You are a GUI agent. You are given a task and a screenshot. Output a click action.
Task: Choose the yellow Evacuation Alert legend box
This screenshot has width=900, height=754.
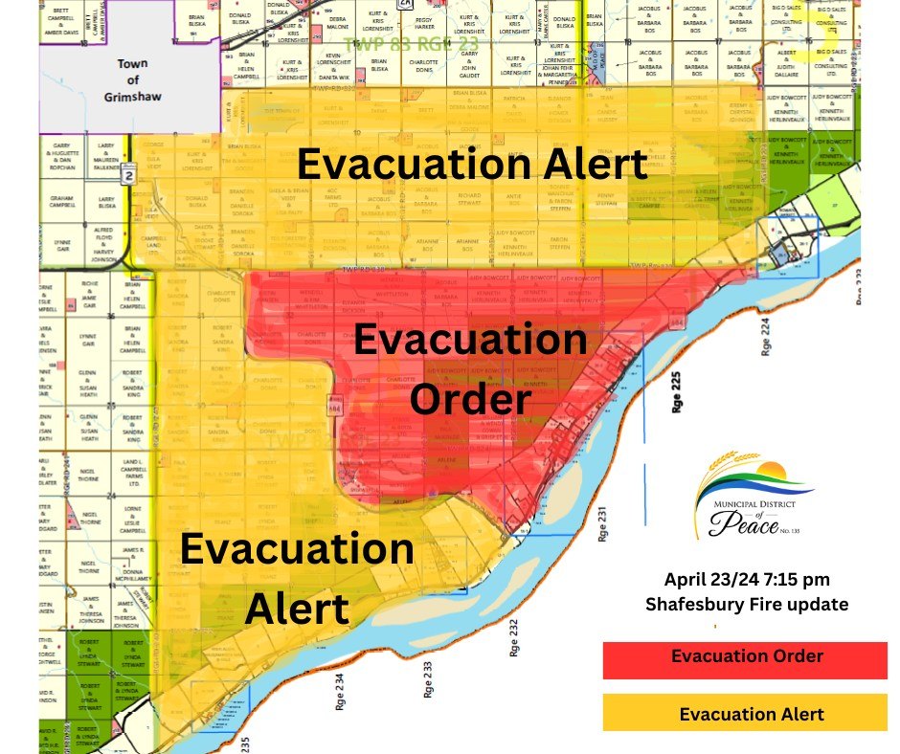(746, 714)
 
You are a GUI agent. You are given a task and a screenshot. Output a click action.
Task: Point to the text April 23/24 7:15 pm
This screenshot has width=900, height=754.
(747, 580)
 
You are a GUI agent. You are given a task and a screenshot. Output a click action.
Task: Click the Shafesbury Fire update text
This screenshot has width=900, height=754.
(747, 604)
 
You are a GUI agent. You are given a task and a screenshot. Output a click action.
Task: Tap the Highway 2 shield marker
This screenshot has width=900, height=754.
(126, 176)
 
